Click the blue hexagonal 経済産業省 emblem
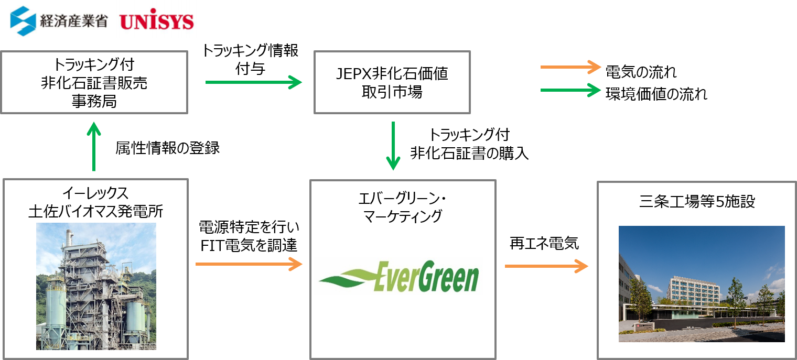[23, 21]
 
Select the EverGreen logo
[399, 276]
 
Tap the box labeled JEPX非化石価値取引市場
[392, 82]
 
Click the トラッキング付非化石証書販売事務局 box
[94, 82]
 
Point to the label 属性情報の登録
[168, 148]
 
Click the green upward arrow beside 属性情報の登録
[94, 146]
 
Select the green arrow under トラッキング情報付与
[254, 82]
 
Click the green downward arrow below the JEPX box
[393, 146]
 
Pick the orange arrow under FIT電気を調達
[249, 264]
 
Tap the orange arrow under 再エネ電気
[546, 266]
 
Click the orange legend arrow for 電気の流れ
[570, 67]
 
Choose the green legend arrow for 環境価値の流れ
[570, 90]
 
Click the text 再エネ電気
[544, 243]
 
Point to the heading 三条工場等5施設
[697, 201]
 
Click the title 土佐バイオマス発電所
[96, 211]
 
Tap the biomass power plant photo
[96, 286]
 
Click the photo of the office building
[702, 284]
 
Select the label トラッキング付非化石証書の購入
[469, 144]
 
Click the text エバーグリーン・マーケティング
[402, 208]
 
